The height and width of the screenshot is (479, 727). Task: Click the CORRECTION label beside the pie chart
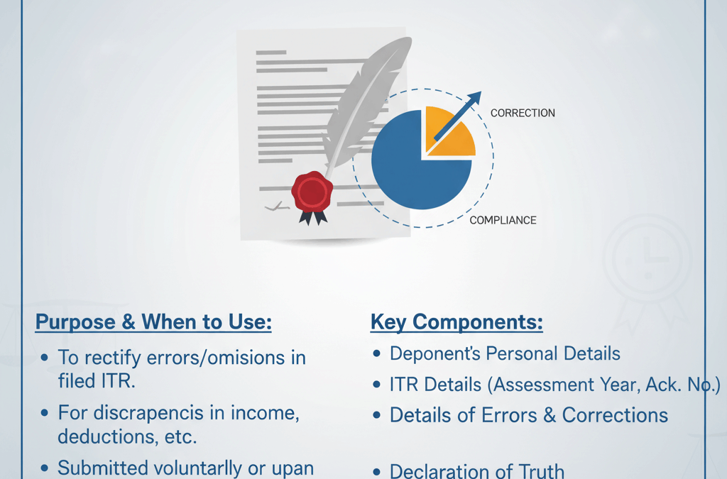point(523,113)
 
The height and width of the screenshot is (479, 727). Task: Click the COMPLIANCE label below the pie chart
point(503,221)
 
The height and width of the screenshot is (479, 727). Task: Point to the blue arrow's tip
point(481,92)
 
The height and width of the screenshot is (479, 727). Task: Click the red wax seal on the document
point(312,192)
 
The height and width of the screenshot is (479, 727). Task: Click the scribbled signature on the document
point(277,207)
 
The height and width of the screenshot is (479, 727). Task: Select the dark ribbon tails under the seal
point(313,218)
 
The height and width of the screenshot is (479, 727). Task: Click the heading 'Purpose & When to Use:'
point(153,322)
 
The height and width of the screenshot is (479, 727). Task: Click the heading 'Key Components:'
point(457,322)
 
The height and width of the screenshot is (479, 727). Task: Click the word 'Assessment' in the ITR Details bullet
point(542,385)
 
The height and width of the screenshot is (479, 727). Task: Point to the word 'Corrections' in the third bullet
point(616,415)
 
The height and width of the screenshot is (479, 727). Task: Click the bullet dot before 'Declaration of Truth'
point(376,472)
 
